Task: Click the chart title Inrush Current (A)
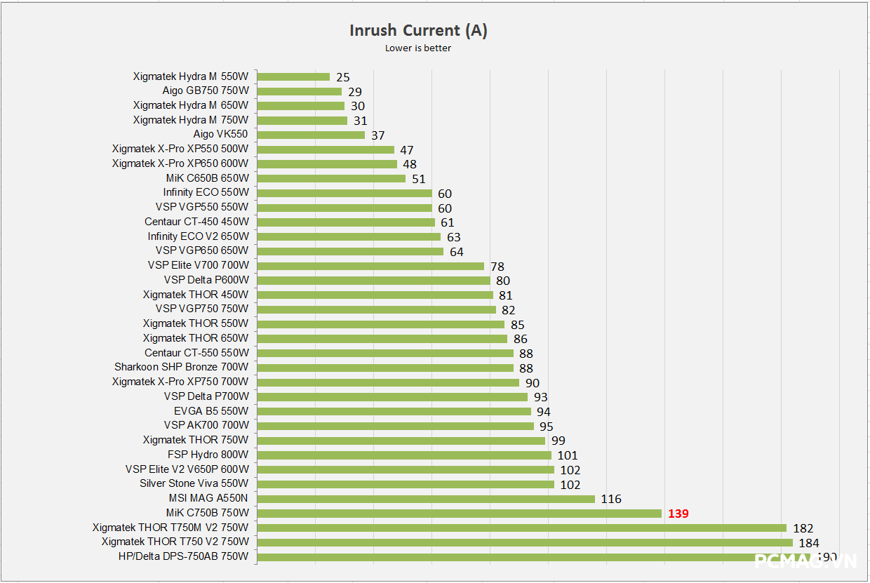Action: tap(418, 30)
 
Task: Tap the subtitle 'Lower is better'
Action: tap(418, 48)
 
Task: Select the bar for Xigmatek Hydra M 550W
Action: tap(293, 76)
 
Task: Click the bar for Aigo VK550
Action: tap(311, 135)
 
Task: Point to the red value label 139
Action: tap(678, 514)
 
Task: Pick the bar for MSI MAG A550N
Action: tap(426, 499)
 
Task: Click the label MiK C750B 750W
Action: tap(207, 513)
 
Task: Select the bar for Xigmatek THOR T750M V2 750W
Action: tap(521, 528)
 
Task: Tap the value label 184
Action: tap(809, 542)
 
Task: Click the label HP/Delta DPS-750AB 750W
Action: tap(183, 556)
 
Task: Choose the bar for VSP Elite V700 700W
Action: tap(370, 266)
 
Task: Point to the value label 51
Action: tap(419, 179)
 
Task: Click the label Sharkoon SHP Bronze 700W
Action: tap(181, 367)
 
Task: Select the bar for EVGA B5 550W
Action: tap(394, 411)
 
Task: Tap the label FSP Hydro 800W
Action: tap(208, 455)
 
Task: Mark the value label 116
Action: tap(611, 500)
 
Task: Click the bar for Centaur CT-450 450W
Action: tap(346, 222)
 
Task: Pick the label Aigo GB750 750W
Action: tap(206, 91)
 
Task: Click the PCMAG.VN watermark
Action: tap(805, 561)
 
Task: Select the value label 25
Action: tap(342, 77)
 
